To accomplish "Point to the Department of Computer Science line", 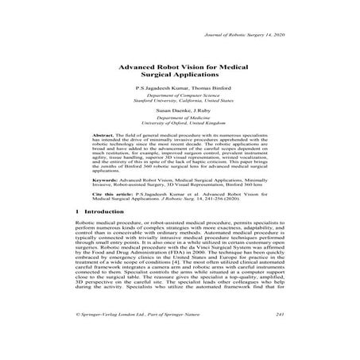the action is point(180,104).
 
